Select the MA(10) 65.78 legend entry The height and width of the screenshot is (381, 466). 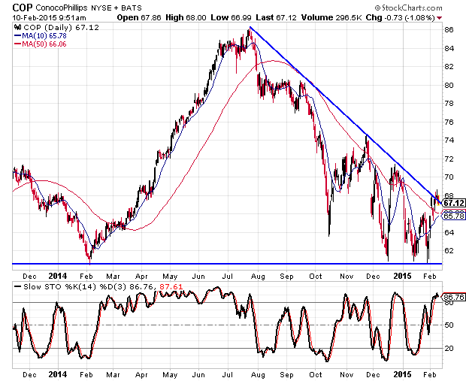point(40,36)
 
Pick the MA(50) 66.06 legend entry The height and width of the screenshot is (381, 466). point(40,44)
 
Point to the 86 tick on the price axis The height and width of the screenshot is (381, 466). point(448,30)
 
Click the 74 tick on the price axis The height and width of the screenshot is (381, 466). point(448,141)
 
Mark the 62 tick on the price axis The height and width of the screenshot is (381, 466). point(448,250)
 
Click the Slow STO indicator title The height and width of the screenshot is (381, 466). point(38,286)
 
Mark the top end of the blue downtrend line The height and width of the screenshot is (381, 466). point(250,27)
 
